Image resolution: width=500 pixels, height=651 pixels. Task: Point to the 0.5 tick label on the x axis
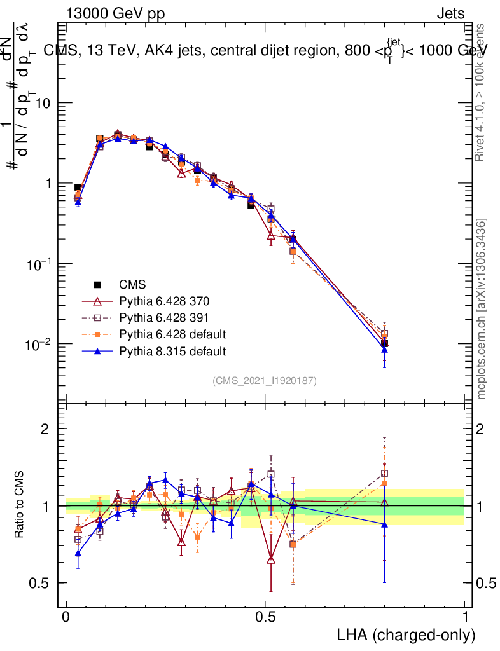[x=265, y=617]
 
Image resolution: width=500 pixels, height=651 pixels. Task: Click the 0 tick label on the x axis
[x=66, y=617]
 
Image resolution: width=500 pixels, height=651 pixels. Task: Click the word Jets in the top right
[x=450, y=13]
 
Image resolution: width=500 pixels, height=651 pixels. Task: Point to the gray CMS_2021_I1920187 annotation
[x=265, y=380]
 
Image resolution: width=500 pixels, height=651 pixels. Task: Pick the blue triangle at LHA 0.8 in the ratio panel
[x=384, y=524]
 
